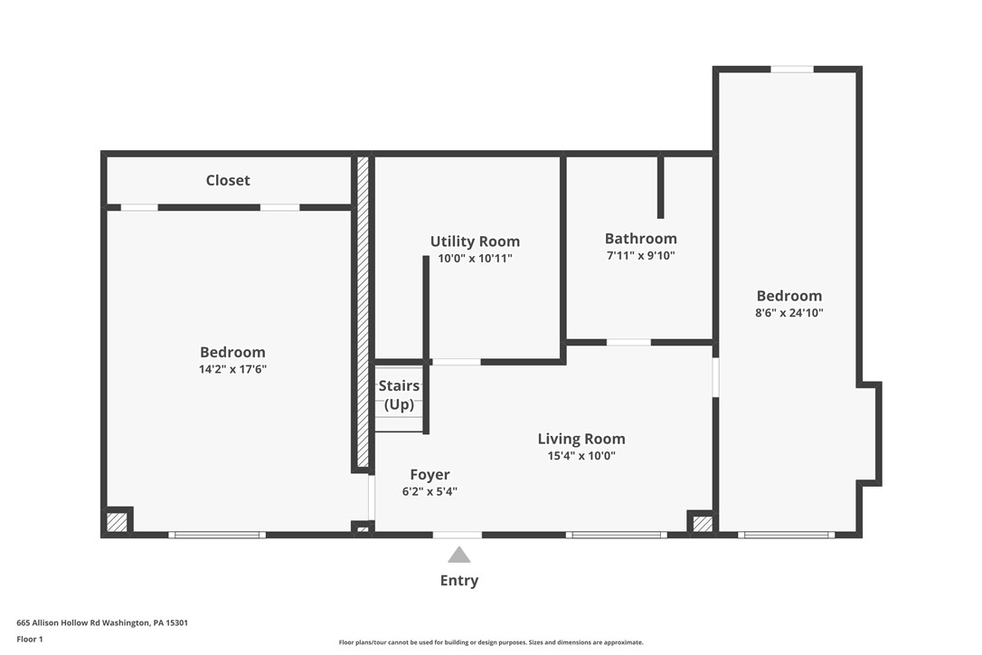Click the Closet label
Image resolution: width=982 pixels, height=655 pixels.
pos(228,180)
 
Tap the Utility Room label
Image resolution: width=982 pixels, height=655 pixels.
pos(475,242)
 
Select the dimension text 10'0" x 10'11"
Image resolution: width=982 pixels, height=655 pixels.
pos(475,259)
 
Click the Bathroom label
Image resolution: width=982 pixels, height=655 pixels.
pos(640,239)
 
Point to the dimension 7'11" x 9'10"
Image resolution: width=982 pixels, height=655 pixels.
pos(640,256)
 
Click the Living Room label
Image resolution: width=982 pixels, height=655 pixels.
pos(581,439)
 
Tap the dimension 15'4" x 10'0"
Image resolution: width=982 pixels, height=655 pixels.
pos(581,456)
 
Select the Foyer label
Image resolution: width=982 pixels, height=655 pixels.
pos(430,475)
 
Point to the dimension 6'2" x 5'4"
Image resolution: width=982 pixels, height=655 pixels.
pos(430,492)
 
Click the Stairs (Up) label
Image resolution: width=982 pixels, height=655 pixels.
pos(399,395)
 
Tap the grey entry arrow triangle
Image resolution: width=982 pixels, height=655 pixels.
pos(459,555)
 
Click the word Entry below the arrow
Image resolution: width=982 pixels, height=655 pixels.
pos(459,581)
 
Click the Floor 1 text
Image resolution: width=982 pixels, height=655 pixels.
pos(29,639)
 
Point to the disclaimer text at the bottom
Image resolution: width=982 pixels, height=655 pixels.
pos(491,642)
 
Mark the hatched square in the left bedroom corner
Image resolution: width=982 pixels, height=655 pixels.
pos(117,522)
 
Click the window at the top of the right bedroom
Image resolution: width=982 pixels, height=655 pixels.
pos(792,69)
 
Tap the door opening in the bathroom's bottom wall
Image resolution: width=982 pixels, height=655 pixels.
pos(628,342)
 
